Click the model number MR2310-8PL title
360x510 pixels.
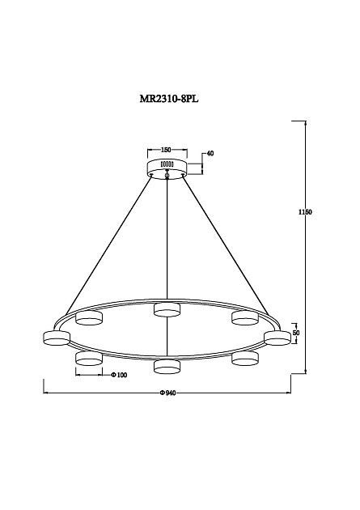click(169, 99)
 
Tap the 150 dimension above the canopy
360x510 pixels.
click(166, 150)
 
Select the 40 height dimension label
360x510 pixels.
click(210, 154)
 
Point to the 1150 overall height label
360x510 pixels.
click(305, 212)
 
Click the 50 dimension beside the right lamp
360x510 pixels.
click(296, 333)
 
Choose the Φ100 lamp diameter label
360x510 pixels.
click(119, 375)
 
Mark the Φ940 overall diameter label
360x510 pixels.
click(168, 393)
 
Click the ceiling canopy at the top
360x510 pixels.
click(167, 168)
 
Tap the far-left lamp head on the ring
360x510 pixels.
click(57, 338)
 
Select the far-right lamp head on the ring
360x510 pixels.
click(277, 338)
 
